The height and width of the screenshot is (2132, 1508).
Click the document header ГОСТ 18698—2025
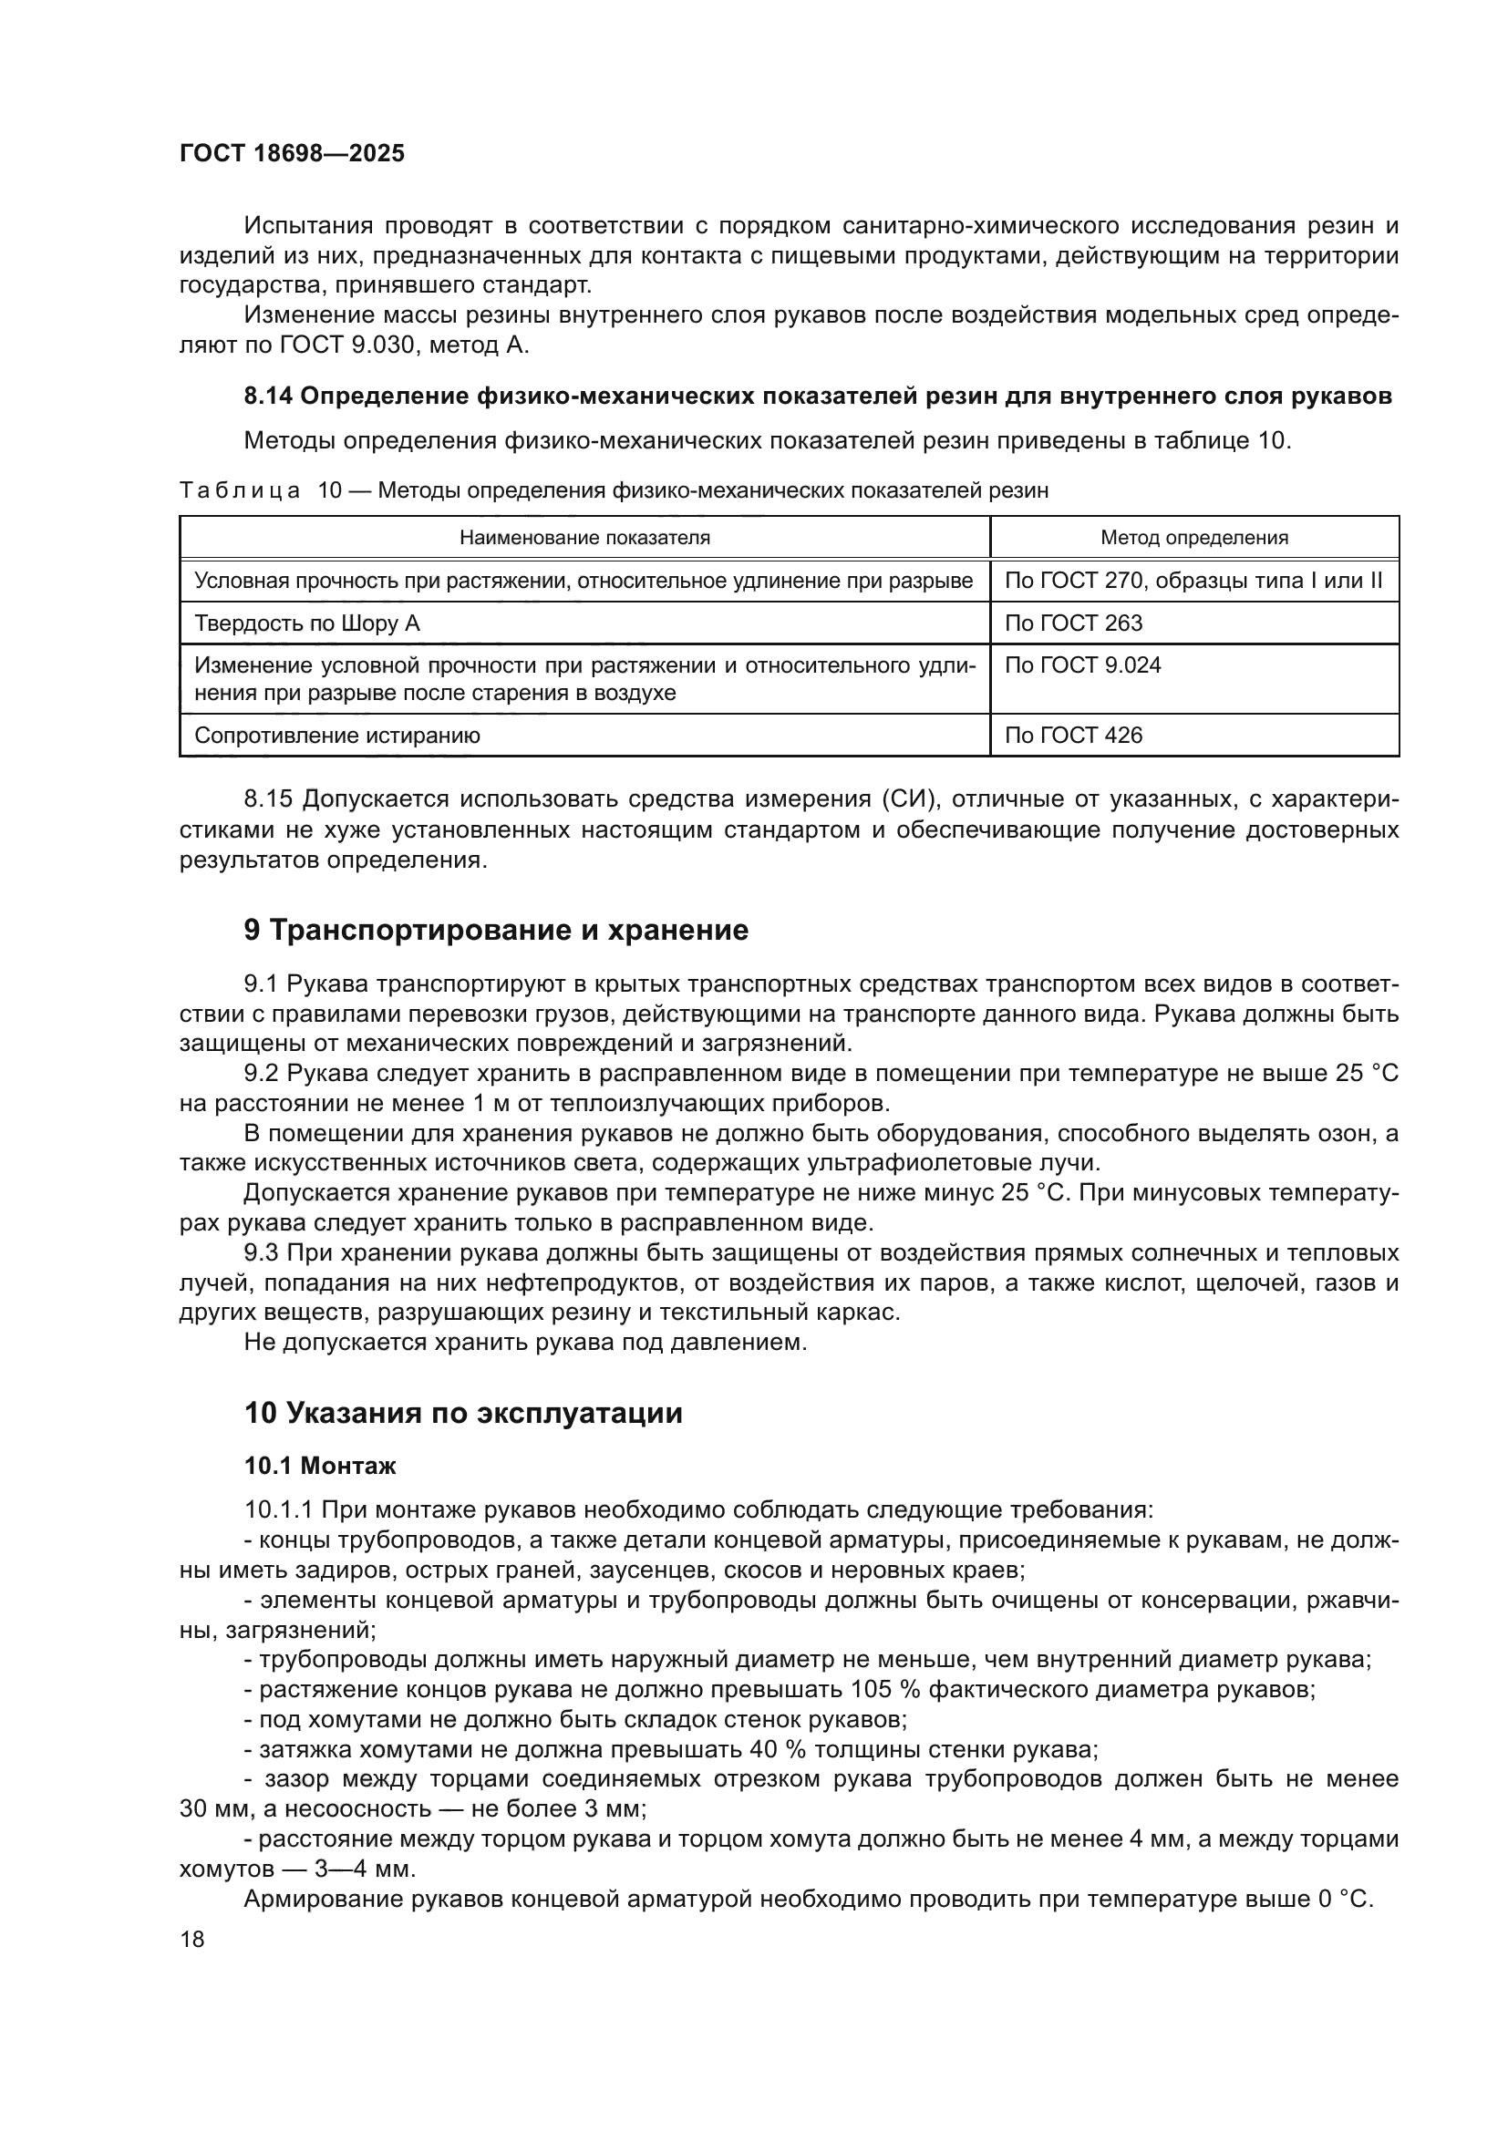point(292,154)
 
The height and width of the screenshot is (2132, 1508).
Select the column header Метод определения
point(1193,538)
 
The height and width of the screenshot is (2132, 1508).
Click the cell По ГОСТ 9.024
point(1082,665)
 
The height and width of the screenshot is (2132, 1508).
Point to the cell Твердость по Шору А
point(306,623)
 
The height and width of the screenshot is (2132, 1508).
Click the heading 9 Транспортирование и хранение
point(496,931)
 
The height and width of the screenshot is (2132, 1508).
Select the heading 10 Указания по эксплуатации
point(462,1414)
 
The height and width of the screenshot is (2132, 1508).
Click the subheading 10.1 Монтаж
point(319,1467)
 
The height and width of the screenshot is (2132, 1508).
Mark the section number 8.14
point(267,397)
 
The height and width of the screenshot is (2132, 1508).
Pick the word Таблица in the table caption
point(240,490)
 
